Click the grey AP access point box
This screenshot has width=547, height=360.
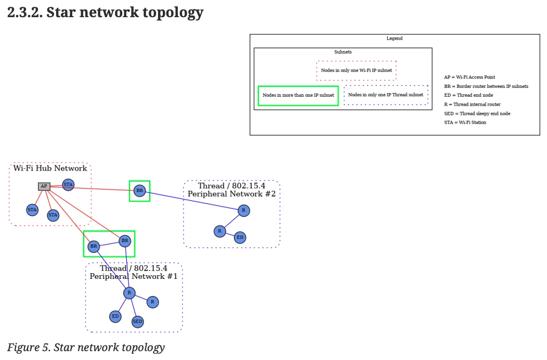click(44, 186)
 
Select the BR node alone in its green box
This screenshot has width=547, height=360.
click(139, 191)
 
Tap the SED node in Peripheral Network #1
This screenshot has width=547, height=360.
click(137, 322)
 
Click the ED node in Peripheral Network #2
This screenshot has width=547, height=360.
click(240, 238)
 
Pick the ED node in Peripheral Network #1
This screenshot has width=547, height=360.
click(115, 316)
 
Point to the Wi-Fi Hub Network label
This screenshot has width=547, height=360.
click(50, 168)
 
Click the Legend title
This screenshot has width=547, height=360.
click(395, 38)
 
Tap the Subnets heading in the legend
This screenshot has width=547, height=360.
click(343, 52)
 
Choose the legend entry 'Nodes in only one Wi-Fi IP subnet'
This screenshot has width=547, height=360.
click(356, 70)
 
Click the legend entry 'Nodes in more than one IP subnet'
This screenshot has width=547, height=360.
click(298, 96)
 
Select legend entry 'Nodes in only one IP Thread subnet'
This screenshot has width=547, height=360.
click(385, 95)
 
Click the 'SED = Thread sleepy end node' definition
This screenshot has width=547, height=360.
click(477, 113)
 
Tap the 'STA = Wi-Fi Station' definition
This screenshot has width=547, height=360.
click(465, 122)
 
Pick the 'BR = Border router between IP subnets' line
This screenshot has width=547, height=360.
click(486, 86)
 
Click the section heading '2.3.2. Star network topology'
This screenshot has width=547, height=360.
click(105, 12)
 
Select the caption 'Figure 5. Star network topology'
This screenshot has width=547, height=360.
click(86, 348)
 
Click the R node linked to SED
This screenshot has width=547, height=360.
click(129, 293)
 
